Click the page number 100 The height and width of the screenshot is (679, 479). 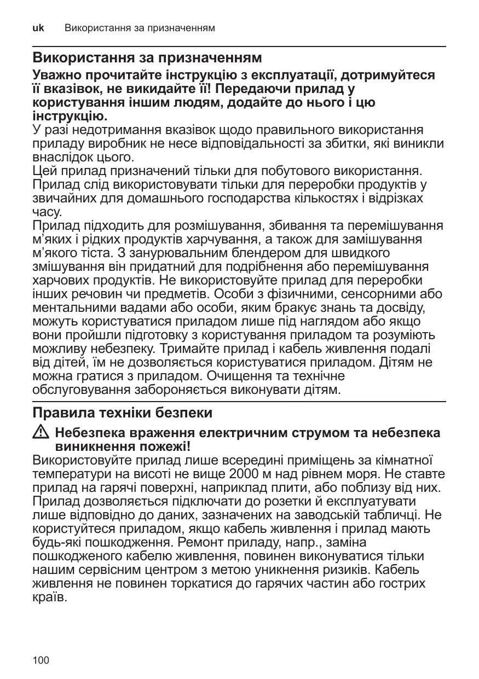pos(41,660)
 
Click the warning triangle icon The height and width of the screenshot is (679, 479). pos(41,433)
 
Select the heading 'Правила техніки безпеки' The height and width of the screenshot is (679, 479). pos(122,411)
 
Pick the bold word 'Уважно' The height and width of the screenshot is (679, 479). pos(57,75)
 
